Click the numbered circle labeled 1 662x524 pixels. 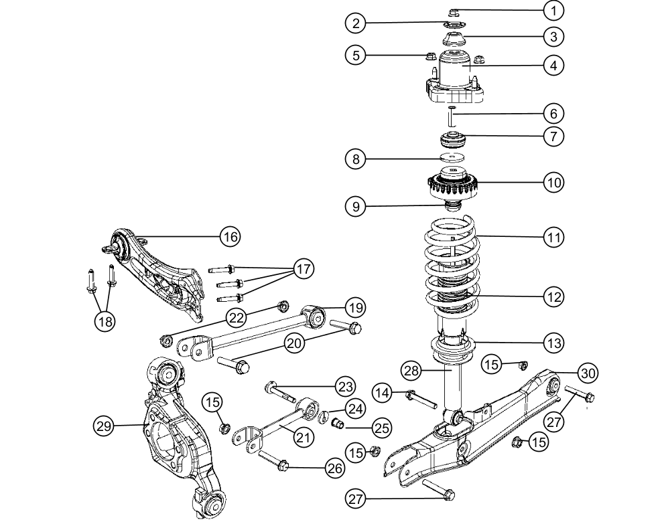[553, 10]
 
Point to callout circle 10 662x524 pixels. [553, 181]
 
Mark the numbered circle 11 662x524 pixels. [553, 236]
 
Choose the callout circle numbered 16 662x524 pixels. [230, 236]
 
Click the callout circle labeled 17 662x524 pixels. [304, 270]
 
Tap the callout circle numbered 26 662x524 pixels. [334, 469]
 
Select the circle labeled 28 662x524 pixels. [411, 369]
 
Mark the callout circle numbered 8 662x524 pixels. [356, 159]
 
